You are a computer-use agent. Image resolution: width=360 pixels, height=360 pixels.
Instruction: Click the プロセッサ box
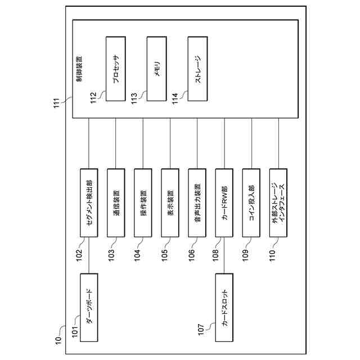(116, 69)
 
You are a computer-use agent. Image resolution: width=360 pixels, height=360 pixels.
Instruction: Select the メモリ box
(156, 69)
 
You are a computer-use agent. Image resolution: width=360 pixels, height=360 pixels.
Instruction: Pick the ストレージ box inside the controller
(197, 69)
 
